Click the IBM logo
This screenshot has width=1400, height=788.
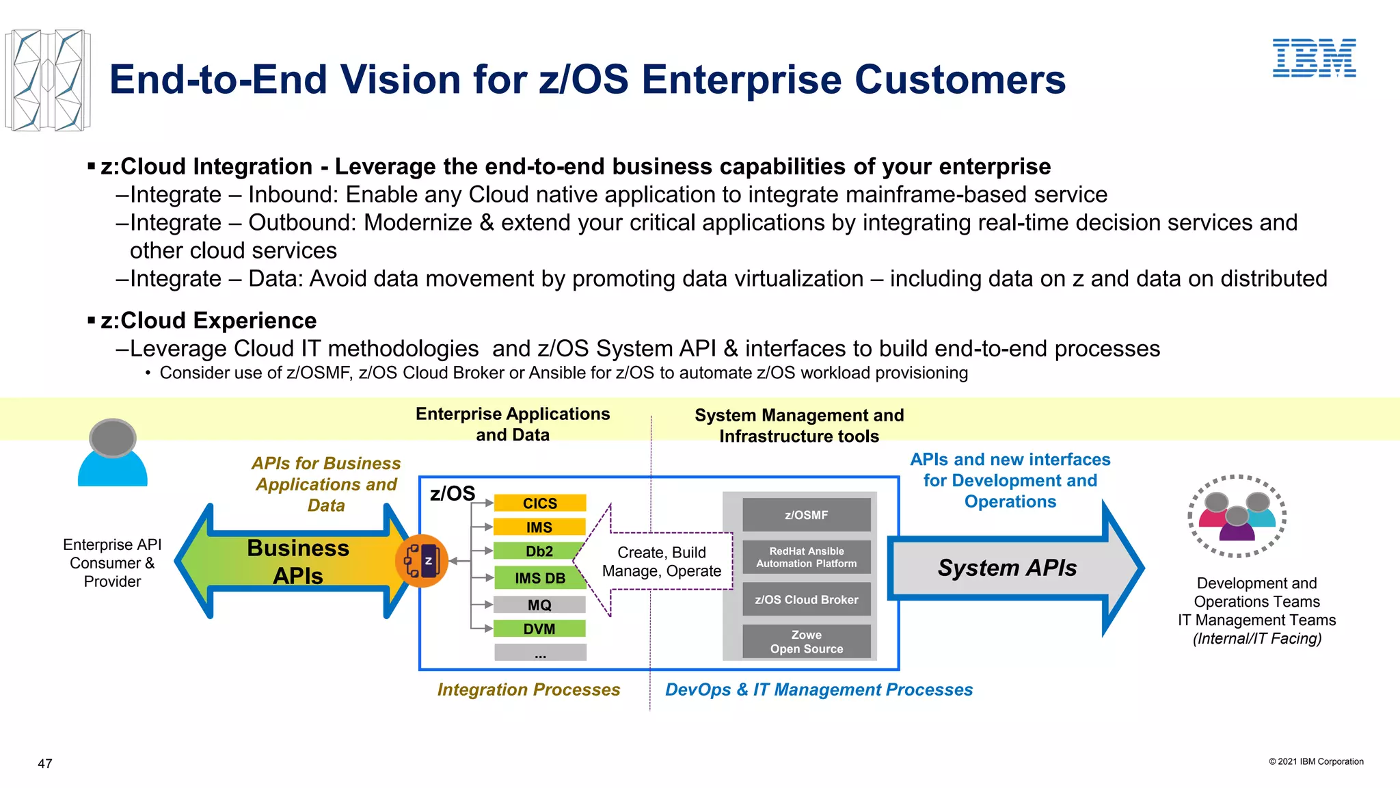[x=1314, y=57]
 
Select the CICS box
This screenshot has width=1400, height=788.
[x=539, y=503]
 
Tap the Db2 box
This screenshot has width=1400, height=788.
[x=539, y=551]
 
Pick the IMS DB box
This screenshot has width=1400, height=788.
[x=539, y=578]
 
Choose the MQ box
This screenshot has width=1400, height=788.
[x=539, y=605]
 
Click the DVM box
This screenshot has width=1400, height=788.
[x=539, y=629]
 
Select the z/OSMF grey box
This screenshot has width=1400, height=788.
[x=806, y=515]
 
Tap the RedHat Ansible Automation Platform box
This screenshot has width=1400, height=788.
[x=806, y=557]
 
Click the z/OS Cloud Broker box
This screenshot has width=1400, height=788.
[x=806, y=599]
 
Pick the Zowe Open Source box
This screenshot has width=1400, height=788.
[x=806, y=642]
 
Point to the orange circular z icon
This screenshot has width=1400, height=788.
[x=422, y=561]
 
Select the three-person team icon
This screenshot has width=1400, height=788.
[x=1237, y=516]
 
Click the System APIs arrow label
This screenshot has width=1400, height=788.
[x=1007, y=568]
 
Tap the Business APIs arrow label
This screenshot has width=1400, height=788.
[x=298, y=562]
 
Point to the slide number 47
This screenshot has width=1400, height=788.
[x=45, y=763]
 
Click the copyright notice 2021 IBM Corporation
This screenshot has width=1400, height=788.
[x=1316, y=761]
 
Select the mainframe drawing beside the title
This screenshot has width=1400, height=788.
[x=47, y=80]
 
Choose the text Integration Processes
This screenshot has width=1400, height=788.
[x=528, y=689]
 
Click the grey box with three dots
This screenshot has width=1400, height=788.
[x=540, y=653]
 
